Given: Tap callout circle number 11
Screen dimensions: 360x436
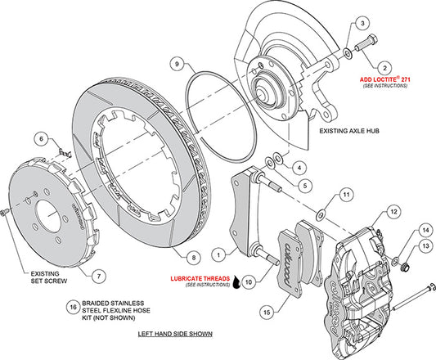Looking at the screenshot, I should pos(346,195).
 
